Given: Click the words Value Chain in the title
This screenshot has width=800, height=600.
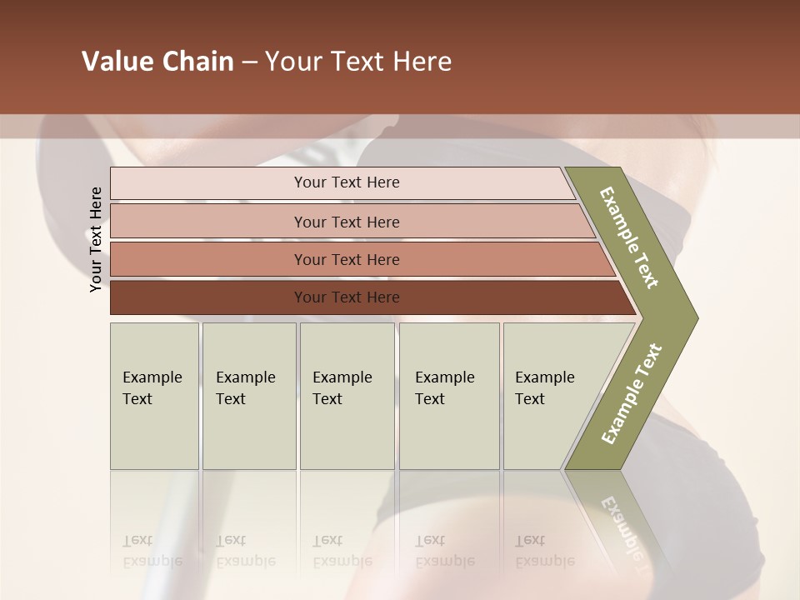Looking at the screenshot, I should (157, 62).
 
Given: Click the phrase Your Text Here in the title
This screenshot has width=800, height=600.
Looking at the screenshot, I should (358, 62).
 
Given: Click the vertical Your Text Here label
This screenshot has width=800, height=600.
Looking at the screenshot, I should (96, 239).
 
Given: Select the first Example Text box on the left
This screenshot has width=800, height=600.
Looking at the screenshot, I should (154, 396).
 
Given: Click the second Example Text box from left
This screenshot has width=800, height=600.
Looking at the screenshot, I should (249, 396).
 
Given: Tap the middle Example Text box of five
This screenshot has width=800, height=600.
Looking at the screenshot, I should (347, 396).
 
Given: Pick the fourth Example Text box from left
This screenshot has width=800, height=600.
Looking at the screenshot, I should (449, 396).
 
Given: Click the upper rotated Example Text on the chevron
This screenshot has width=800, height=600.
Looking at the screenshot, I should (629, 237).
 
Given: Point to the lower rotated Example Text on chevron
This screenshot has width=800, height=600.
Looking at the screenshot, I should (632, 394).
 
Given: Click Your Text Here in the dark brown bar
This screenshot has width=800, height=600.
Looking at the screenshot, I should (347, 297).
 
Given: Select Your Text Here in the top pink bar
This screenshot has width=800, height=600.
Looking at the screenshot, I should (347, 182).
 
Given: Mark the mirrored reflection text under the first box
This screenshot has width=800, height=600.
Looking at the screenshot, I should (152, 551).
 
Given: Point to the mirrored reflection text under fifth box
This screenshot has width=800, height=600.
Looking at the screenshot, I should (544, 551).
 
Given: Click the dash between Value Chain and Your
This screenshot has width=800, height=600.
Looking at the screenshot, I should (248, 62).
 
